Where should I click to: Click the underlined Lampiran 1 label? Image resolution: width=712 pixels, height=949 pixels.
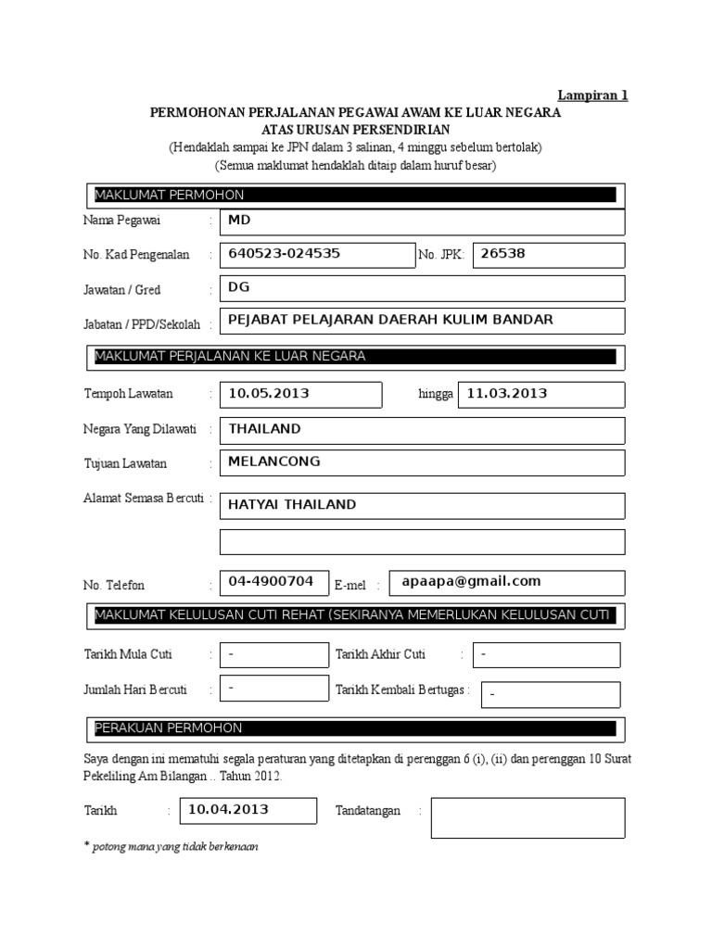click(x=592, y=95)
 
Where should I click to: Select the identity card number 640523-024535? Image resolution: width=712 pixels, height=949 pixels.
click(x=284, y=253)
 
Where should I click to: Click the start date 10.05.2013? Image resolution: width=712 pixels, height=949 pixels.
click(x=269, y=393)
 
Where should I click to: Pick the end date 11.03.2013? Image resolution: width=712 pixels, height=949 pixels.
click(x=507, y=393)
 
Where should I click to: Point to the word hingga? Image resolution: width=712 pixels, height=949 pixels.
click(x=436, y=394)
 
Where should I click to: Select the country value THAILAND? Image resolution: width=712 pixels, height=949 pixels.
click(x=264, y=429)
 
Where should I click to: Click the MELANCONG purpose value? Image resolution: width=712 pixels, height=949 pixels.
click(x=274, y=462)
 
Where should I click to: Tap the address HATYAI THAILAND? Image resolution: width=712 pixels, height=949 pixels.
click(x=292, y=504)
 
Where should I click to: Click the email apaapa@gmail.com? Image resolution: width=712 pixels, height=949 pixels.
click(x=471, y=581)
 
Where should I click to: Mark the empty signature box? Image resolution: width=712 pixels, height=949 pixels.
click(x=528, y=817)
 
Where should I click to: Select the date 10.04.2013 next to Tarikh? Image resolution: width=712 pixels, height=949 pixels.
click(x=228, y=809)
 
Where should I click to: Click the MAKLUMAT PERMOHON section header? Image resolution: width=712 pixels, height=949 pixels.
click(x=169, y=195)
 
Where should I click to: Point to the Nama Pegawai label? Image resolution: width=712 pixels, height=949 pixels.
click(x=121, y=221)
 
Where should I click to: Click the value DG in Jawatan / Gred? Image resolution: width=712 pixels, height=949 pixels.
click(x=240, y=287)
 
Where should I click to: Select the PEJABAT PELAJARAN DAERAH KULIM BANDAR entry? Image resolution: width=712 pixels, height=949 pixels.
click(x=390, y=320)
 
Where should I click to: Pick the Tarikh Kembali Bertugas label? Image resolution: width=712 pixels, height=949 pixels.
click(x=401, y=690)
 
